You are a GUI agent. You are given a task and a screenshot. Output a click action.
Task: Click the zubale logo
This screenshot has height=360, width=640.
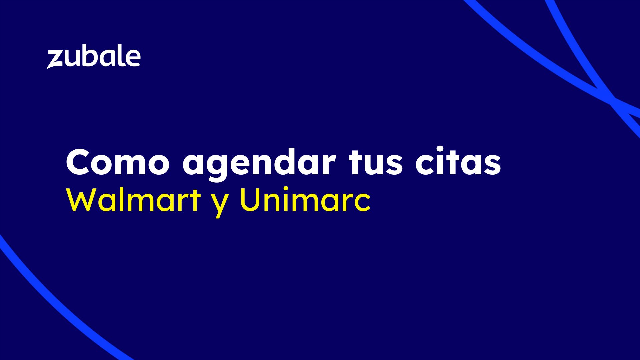[94, 58]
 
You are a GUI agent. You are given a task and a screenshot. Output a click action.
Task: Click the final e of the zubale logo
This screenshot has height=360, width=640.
[132, 59]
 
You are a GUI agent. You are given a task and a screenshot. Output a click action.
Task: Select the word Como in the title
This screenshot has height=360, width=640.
[118, 162]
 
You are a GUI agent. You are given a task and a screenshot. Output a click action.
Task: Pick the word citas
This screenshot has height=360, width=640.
[458, 162]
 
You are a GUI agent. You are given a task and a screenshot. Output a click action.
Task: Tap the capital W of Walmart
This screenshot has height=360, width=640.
[81, 201]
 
